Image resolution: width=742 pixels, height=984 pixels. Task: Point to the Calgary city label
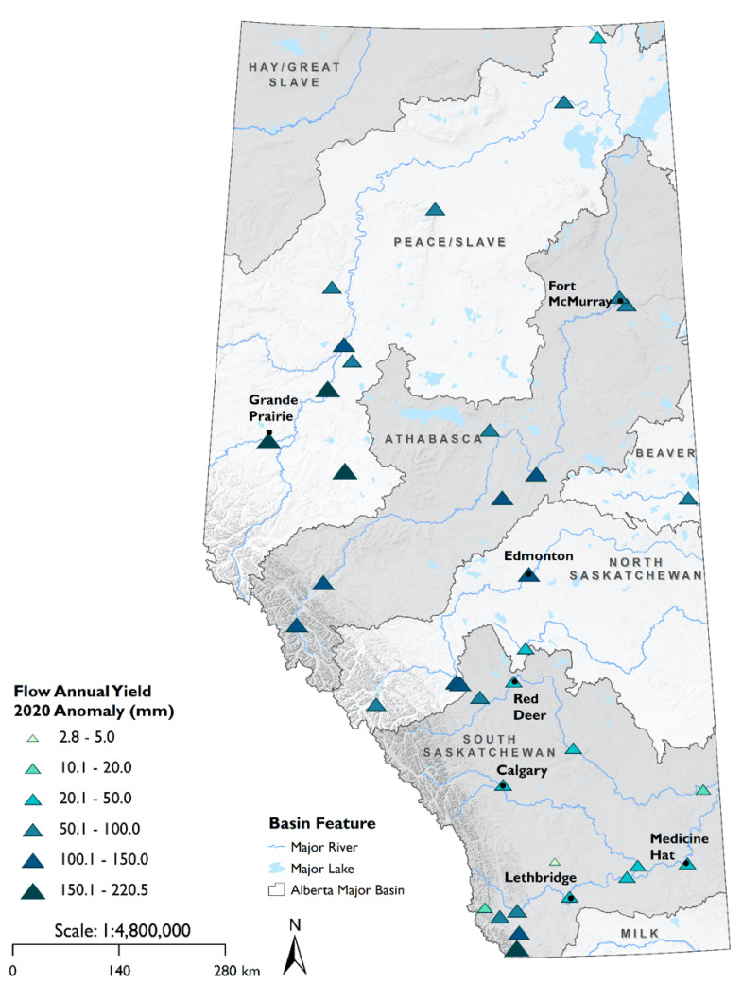pyautogui.click(x=523, y=771)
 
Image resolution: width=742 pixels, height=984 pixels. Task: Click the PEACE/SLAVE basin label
pyautogui.click(x=449, y=243)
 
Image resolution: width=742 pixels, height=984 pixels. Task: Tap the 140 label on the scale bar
pyautogui.click(x=118, y=970)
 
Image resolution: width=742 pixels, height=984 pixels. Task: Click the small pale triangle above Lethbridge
pyautogui.click(x=555, y=861)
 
